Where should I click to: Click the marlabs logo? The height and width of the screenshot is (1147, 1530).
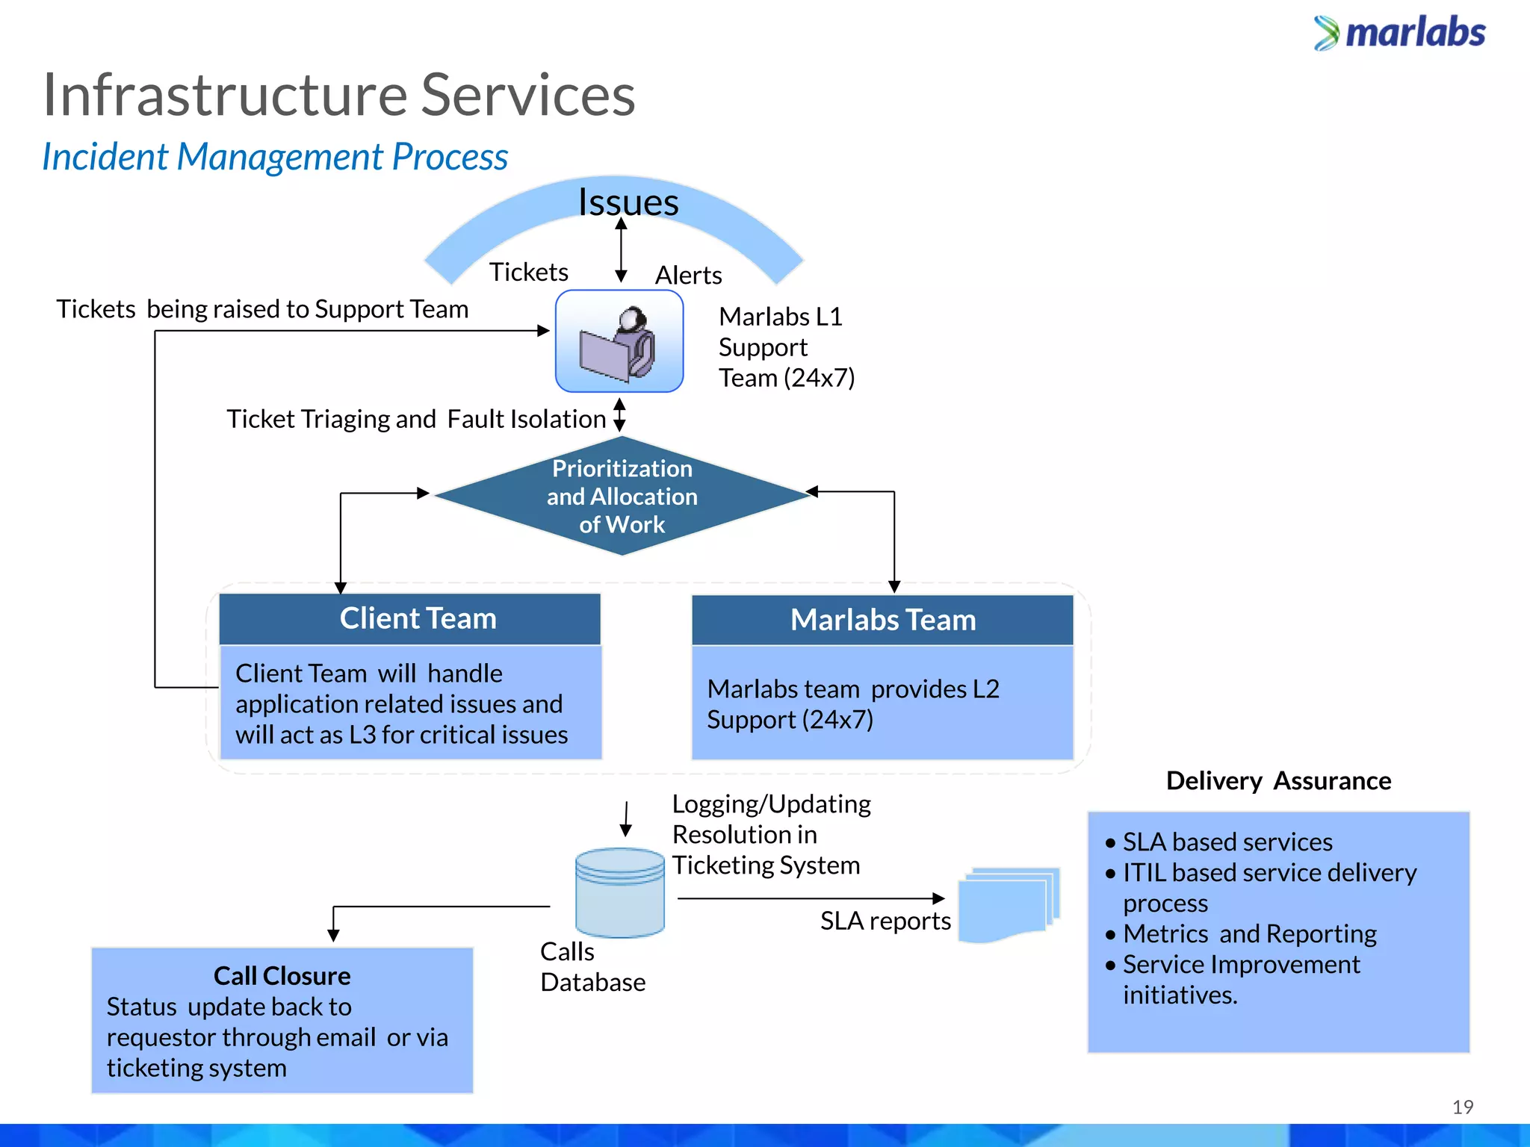[x=1399, y=34]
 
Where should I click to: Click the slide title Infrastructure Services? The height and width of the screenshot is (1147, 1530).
[x=338, y=95]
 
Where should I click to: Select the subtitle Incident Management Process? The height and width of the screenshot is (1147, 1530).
[x=275, y=157]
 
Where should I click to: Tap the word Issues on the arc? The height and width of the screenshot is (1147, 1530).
[x=628, y=202]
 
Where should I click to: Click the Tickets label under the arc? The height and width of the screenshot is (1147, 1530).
[x=528, y=272]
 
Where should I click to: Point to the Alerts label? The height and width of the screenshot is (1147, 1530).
[x=688, y=275]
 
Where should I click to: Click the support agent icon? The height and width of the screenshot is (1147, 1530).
[x=619, y=342]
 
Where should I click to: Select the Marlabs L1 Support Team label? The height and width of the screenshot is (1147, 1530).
[x=785, y=347]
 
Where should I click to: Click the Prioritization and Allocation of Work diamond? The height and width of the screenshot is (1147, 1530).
[x=622, y=496]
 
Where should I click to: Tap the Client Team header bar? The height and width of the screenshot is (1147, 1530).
[x=410, y=619]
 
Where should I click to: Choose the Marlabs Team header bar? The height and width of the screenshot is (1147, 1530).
[x=882, y=620]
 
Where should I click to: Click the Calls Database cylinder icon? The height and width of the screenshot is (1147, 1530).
[x=619, y=892]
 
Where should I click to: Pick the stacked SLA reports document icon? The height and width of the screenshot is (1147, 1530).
[x=1008, y=904]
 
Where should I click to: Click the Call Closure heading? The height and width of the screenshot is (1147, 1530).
[x=282, y=976]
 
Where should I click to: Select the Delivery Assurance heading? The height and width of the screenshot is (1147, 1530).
[x=1278, y=780]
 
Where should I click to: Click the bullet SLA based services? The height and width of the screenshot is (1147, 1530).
[x=1227, y=842]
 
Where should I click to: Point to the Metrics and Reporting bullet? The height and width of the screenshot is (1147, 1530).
[x=1249, y=933]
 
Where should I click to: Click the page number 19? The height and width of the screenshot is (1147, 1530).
[x=1462, y=1107]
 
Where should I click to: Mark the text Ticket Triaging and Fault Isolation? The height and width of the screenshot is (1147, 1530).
[x=415, y=419]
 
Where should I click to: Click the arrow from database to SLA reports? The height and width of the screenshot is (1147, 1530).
[x=811, y=898]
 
